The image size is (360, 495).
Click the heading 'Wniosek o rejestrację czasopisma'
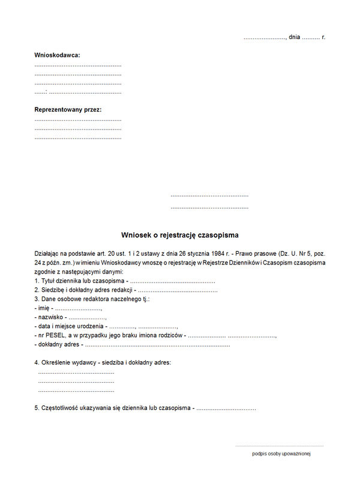180,236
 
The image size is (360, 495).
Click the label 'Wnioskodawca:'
57,55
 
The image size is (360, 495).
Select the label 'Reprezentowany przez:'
68,110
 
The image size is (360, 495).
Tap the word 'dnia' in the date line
294,37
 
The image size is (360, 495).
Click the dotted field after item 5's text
226,409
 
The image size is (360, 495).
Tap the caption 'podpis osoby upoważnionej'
281,454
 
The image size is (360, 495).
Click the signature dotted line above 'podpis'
279,446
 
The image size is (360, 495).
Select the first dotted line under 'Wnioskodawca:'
78,65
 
